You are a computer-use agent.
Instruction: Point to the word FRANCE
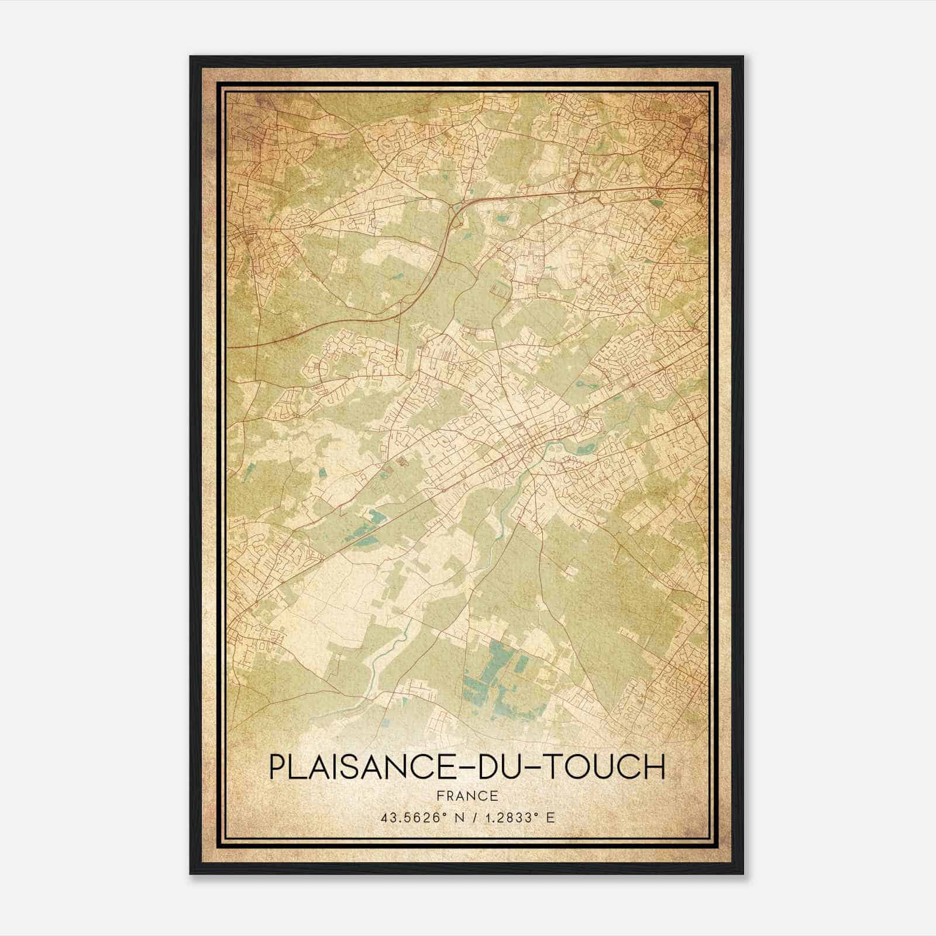click(467, 796)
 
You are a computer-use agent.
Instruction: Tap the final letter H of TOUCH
click(655, 768)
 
